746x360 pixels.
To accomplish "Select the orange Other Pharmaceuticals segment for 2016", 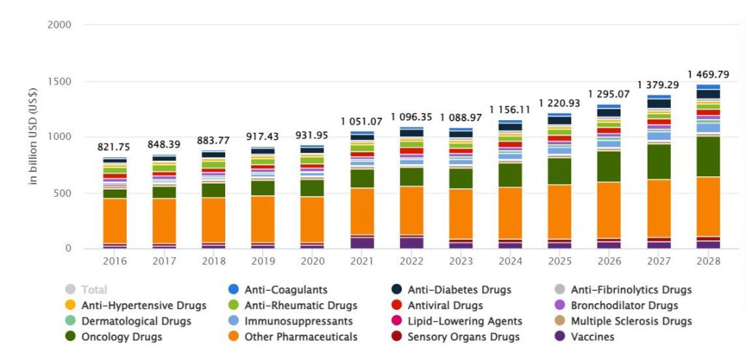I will tap(114, 220).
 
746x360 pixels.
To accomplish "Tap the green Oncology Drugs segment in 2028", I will tap(708, 156).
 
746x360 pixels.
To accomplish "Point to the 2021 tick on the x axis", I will tap(362, 261).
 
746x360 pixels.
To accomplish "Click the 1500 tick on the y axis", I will tap(59, 82).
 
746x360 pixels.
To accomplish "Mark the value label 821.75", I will tap(114, 147).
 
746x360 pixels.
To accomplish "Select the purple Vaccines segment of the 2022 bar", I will tap(412, 243).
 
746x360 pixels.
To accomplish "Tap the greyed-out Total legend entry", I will tap(95, 289).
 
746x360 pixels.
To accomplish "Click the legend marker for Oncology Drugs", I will tap(70, 337).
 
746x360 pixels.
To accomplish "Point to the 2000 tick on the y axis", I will tap(59, 25).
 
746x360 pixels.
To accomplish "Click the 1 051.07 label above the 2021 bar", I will tap(362, 121).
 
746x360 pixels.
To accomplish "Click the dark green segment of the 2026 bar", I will tap(609, 166).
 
